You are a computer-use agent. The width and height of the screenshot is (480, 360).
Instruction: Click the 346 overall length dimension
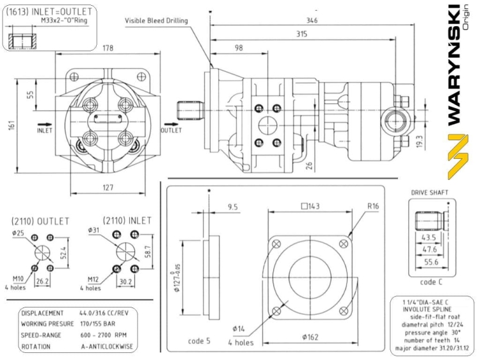[x=312, y=20]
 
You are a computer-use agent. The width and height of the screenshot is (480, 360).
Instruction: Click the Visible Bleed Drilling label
[x=156, y=20]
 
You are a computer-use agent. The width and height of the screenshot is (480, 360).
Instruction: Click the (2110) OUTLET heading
[x=40, y=220]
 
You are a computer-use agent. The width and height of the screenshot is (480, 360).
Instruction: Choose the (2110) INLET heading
[x=122, y=220]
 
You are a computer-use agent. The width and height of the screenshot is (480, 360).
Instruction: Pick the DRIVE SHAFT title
[x=429, y=192]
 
